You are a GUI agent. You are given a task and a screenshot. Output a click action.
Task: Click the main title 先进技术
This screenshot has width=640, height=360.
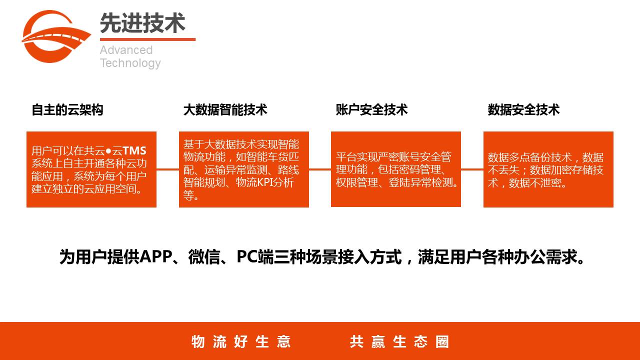pyautogui.click(x=142, y=23)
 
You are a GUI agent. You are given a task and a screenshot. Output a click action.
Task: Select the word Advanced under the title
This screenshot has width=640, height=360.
pyautogui.click(x=126, y=50)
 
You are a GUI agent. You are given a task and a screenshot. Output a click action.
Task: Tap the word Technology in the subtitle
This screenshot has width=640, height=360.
pyautogui.click(x=130, y=63)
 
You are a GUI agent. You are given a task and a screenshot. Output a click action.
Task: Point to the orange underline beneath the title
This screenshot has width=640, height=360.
pyautogui.click(x=147, y=39)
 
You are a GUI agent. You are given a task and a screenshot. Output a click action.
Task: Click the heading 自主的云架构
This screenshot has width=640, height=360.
pyautogui.click(x=67, y=109)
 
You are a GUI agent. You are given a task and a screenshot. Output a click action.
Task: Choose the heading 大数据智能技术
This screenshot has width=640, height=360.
pyautogui.click(x=225, y=109)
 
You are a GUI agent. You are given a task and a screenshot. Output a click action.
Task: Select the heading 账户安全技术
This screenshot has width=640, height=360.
pyautogui.click(x=371, y=109)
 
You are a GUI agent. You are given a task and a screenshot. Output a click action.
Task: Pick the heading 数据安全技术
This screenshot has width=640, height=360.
pyautogui.click(x=523, y=109)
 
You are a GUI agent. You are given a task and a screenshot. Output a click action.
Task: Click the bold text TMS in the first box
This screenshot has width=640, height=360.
pyautogui.click(x=134, y=150)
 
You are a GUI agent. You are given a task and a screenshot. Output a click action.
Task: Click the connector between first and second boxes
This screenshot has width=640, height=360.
pyautogui.click(x=167, y=169)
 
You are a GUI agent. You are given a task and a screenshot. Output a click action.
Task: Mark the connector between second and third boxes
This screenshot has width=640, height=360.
pyautogui.click(x=320, y=169)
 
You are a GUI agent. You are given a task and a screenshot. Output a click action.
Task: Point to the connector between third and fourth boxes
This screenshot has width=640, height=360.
pyautogui.click(x=472, y=169)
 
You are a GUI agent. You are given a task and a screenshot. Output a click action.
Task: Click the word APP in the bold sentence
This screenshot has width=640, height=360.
pyautogui.click(x=156, y=256)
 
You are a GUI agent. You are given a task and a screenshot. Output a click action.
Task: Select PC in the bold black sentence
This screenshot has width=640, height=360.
pyautogui.click(x=247, y=256)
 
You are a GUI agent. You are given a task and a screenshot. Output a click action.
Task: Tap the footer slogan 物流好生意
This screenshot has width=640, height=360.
pyautogui.click(x=241, y=341)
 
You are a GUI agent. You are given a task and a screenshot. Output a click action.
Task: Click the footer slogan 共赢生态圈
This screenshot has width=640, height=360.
pyautogui.click(x=399, y=341)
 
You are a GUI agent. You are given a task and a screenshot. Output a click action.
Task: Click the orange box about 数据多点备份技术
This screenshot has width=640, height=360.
pyautogui.click(x=548, y=169)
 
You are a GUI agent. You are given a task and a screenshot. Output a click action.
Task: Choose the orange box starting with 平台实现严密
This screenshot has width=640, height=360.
pyautogui.click(x=396, y=169)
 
